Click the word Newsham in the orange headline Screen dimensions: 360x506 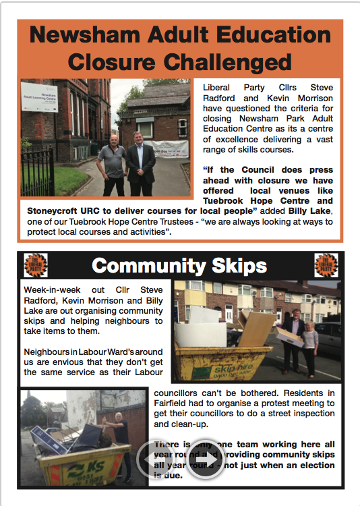point(83,35)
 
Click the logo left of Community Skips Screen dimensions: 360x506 point(35,264)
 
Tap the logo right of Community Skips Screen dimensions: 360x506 point(326,264)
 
